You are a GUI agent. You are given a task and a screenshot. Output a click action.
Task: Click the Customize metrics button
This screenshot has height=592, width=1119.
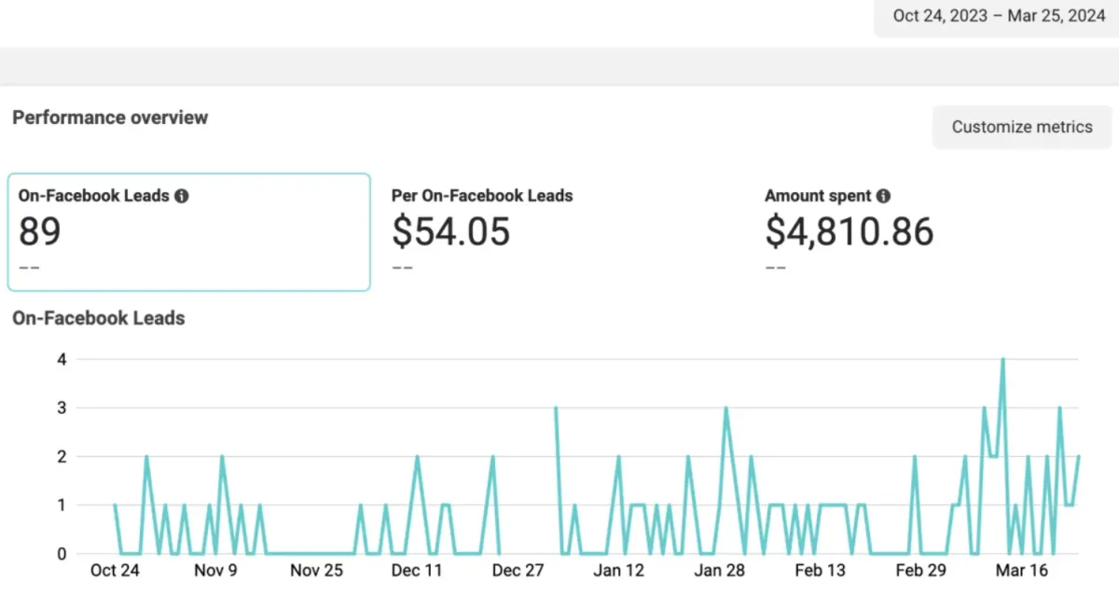click(1022, 127)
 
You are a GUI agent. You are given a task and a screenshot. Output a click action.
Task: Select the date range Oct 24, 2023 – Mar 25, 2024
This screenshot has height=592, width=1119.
click(998, 16)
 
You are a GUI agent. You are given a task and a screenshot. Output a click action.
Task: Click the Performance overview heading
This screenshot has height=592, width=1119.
click(110, 117)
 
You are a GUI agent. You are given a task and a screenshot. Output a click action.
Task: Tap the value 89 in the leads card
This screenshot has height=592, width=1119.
click(40, 231)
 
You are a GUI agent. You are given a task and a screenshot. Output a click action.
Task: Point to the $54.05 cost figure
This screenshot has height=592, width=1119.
click(450, 231)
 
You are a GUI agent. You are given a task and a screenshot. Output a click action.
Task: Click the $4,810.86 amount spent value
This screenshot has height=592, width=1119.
click(849, 231)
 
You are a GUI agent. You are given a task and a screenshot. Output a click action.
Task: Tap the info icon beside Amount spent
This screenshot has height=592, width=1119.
click(883, 196)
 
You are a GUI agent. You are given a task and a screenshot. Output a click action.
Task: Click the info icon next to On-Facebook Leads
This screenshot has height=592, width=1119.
click(182, 196)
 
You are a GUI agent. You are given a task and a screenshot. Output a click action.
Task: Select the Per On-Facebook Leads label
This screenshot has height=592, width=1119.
click(482, 196)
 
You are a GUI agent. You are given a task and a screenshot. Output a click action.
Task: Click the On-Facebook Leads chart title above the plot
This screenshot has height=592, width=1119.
click(98, 318)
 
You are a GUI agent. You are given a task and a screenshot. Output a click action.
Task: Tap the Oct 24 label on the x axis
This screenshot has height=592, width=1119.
click(115, 571)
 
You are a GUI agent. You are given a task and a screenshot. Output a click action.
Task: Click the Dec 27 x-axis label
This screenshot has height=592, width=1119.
click(518, 571)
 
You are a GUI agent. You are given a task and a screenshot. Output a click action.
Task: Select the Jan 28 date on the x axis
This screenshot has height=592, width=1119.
click(721, 571)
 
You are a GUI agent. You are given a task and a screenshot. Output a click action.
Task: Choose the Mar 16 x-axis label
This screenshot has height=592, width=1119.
click(1022, 571)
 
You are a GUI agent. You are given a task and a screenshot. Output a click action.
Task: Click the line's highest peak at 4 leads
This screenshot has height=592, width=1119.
click(1002, 359)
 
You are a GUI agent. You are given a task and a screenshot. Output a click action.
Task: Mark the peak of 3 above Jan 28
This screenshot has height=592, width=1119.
click(725, 407)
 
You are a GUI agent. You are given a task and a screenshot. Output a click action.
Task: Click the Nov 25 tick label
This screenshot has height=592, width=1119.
click(317, 571)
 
